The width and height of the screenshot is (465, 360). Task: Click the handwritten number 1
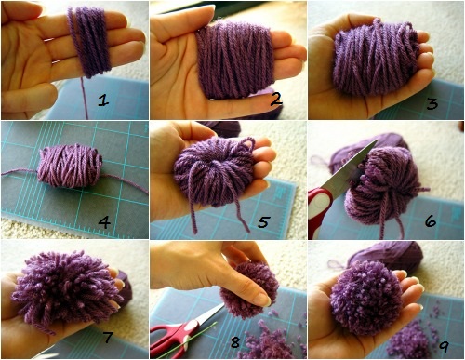click(103, 100)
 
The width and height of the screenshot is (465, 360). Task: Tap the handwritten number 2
click(275, 100)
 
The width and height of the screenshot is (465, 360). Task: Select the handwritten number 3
click(432, 104)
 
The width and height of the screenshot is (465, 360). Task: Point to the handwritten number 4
click(104, 222)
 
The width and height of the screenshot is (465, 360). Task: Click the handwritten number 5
click(263, 221)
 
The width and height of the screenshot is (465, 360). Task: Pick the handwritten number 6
click(431, 220)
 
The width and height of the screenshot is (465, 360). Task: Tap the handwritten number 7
click(107, 337)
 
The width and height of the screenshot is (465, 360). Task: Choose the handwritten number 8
click(235, 342)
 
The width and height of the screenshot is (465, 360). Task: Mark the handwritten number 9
click(444, 346)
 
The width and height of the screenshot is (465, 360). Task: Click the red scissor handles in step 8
click(174, 338)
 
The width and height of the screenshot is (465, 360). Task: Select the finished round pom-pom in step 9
click(366, 298)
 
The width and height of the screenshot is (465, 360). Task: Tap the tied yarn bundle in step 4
click(70, 166)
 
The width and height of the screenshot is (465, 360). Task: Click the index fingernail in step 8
click(262, 300)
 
